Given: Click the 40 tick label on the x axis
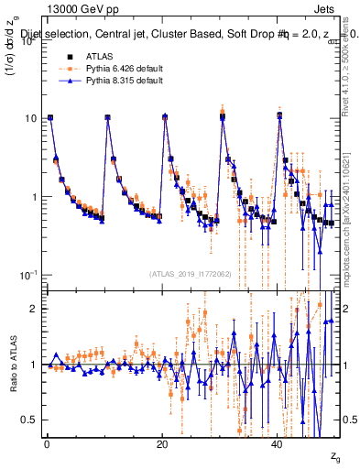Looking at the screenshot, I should tap(278, 445).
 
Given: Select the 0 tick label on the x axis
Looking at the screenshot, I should tap(46, 445).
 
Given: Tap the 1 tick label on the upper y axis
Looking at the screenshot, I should tap(34, 197).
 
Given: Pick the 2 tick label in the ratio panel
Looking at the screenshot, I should tap(35, 309).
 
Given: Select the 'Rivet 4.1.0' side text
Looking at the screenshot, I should tap(351, 73).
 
